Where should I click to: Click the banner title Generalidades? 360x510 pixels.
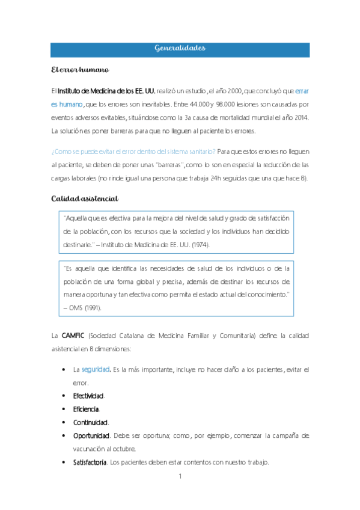pyautogui.click(x=180, y=48)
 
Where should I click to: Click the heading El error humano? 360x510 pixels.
pyautogui.click(x=79, y=70)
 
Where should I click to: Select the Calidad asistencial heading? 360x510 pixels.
pyautogui.click(x=84, y=198)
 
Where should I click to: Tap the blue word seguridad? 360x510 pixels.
pyautogui.click(x=96, y=369)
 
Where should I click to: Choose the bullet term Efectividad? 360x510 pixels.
pyautogui.click(x=88, y=396)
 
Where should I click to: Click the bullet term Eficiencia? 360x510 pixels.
pyautogui.click(x=85, y=409)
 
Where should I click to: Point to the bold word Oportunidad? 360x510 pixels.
pyautogui.click(x=91, y=435)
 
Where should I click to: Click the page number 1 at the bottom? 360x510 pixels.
pyautogui.click(x=180, y=477)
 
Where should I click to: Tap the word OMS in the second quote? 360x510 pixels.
pyautogui.click(x=78, y=307)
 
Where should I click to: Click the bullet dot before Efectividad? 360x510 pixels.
pyautogui.click(x=64, y=396)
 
